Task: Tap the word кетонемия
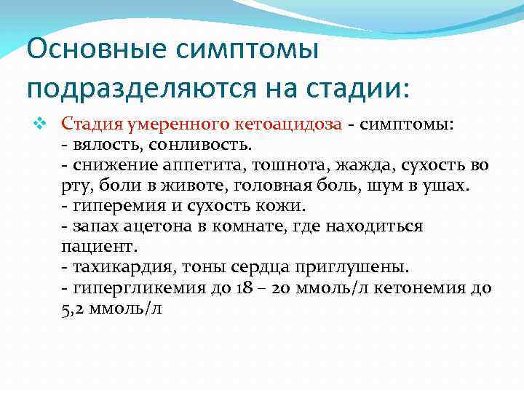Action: [x=418, y=287]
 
